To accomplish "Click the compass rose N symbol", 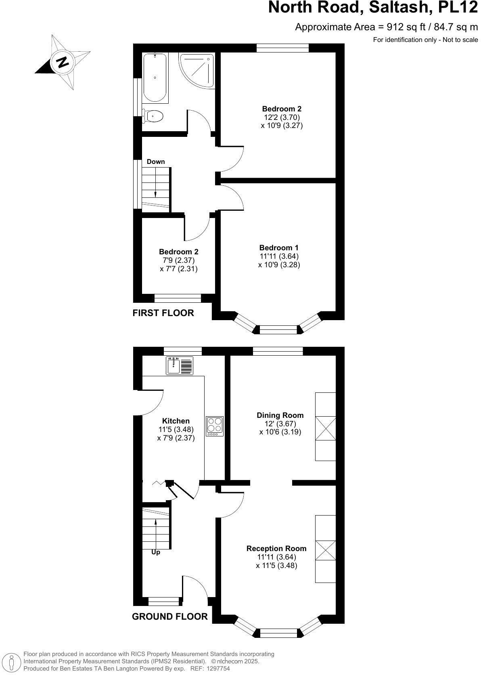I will tap(62, 62).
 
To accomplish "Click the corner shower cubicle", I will tap(196, 70).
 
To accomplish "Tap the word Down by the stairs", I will tap(156, 162).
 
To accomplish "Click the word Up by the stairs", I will tap(156, 552).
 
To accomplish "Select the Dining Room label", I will tap(280, 415).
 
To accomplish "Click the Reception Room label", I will tap(276, 548).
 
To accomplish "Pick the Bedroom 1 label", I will tap(279, 247).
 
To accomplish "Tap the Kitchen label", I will tap(176, 421).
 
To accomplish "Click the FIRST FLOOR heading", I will tap(163, 313).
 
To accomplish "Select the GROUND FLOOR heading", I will tap(169, 616).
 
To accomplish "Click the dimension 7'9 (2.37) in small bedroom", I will tap(178, 260).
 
